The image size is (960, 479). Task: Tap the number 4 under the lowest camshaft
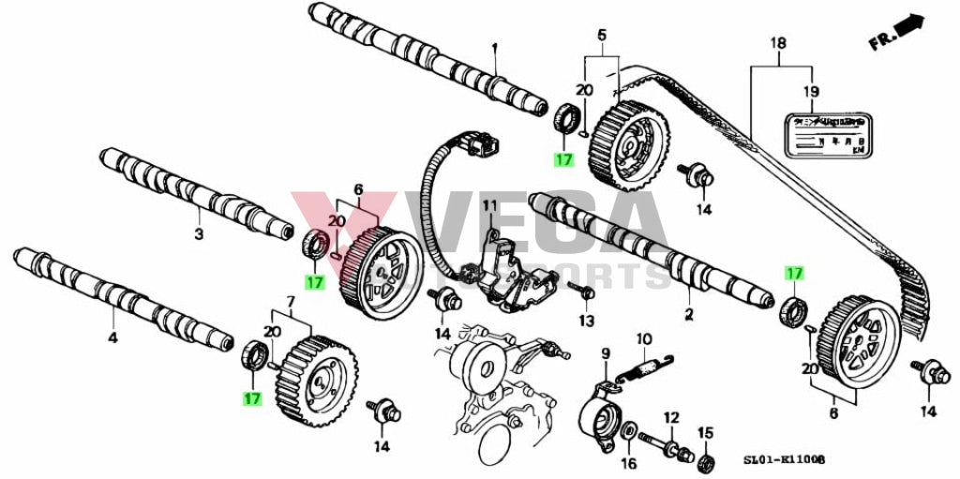point(112,337)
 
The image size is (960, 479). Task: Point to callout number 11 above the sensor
point(488,205)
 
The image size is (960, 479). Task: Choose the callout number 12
point(670,416)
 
